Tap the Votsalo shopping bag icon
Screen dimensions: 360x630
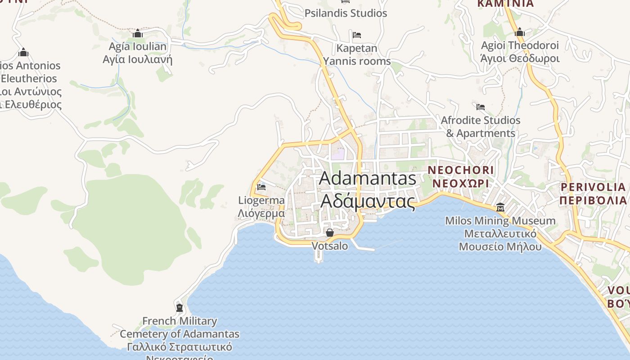[330, 233]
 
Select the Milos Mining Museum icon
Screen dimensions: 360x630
[500, 207]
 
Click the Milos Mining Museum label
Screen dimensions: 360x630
[500, 234]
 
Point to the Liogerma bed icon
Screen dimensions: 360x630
[261, 187]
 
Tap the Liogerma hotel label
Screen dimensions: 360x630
[261, 207]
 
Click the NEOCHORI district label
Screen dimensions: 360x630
[460, 177]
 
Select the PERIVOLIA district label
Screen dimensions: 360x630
[593, 193]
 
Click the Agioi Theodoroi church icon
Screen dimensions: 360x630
[520, 32]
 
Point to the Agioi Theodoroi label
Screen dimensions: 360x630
[520, 52]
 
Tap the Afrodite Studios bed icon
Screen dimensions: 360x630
[481, 107]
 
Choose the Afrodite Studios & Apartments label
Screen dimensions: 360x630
[481, 126]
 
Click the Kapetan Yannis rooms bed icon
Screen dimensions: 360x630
[357, 35]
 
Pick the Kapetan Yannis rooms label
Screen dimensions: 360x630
[357, 54]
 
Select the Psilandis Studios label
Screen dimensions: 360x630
[346, 13]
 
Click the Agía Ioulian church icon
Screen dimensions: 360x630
[138, 34]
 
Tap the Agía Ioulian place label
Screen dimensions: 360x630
[138, 53]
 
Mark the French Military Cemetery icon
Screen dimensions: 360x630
[180, 308]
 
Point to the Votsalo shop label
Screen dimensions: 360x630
[330, 246]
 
